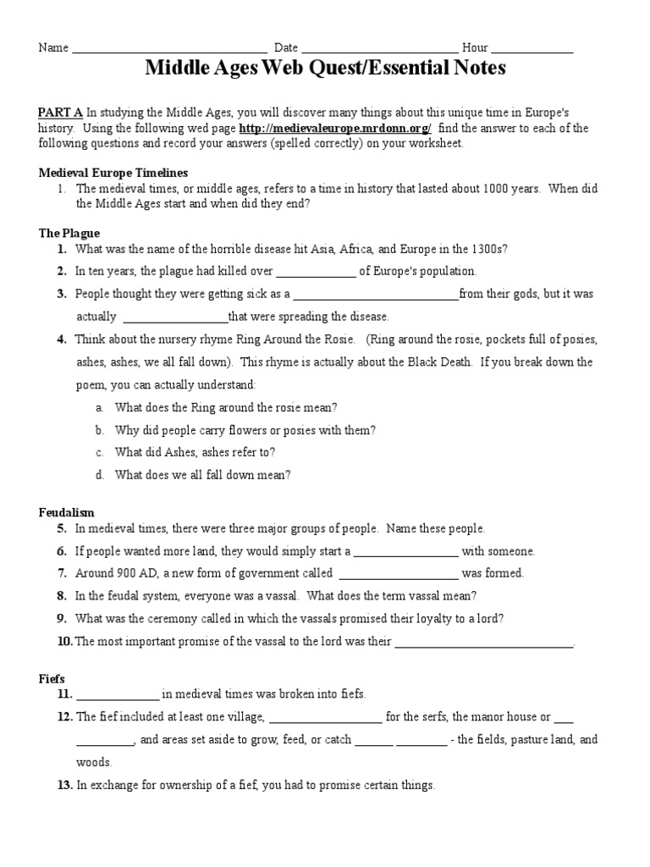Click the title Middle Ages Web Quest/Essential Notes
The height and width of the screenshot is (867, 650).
click(x=325, y=69)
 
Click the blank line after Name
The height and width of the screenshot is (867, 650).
click(x=169, y=50)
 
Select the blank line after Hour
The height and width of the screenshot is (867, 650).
click(x=532, y=50)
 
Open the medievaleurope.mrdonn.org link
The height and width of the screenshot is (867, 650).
click(x=335, y=129)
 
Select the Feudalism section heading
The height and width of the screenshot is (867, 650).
click(x=67, y=512)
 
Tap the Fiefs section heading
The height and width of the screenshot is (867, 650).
click(x=52, y=678)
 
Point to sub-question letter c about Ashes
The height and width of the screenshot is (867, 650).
click(x=100, y=452)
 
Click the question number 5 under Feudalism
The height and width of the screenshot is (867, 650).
click(x=62, y=528)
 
